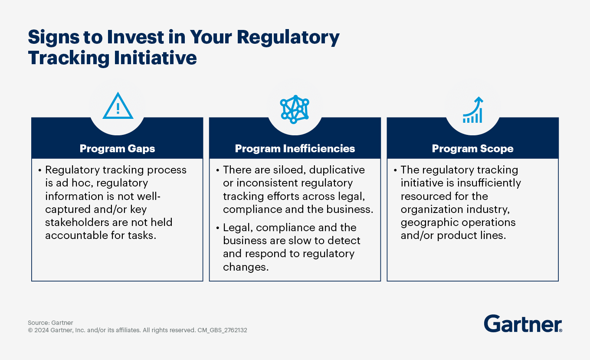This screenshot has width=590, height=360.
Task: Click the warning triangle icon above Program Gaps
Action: [118, 106]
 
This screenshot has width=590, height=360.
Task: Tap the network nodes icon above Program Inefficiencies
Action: [295, 109]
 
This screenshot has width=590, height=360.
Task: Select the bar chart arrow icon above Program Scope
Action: [473, 110]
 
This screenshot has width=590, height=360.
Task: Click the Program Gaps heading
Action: [117, 149]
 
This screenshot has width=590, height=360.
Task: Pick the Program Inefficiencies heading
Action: [295, 149]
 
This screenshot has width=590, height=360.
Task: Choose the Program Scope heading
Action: [472, 149]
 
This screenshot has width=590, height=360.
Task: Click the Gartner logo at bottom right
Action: [523, 324]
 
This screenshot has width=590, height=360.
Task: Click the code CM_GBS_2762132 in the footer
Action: [222, 330]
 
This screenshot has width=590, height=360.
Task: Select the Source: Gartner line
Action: [50, 323]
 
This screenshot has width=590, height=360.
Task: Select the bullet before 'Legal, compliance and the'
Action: [218, 228]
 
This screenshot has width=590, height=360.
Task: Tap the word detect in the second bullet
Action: [345, 240]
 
